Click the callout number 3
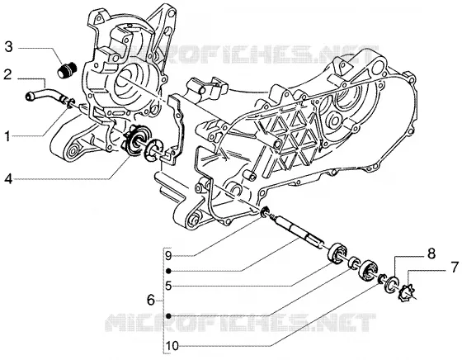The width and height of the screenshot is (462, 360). (9, 47)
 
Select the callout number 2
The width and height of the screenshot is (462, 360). (7, 74)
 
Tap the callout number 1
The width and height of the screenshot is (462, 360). (7, 136)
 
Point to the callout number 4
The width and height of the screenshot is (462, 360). (8, 178)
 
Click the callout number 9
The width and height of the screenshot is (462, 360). (168, 255)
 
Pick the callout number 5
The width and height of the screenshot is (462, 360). (168, 286)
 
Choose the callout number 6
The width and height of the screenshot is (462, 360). (151, 301)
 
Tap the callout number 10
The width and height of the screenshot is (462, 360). (172, 346)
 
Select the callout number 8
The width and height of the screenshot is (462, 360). (431, 253)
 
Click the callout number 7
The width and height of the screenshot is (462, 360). (455, 267)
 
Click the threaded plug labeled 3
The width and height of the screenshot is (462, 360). (66, 71)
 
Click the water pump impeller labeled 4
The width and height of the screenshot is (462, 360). (134, 140)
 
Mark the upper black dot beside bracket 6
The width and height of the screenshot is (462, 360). (168, 270)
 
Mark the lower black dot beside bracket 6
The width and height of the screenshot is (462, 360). (168, 315)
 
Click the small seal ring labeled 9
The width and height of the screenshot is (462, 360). (265, 211)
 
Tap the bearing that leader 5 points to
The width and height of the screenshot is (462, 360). (337, 252)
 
